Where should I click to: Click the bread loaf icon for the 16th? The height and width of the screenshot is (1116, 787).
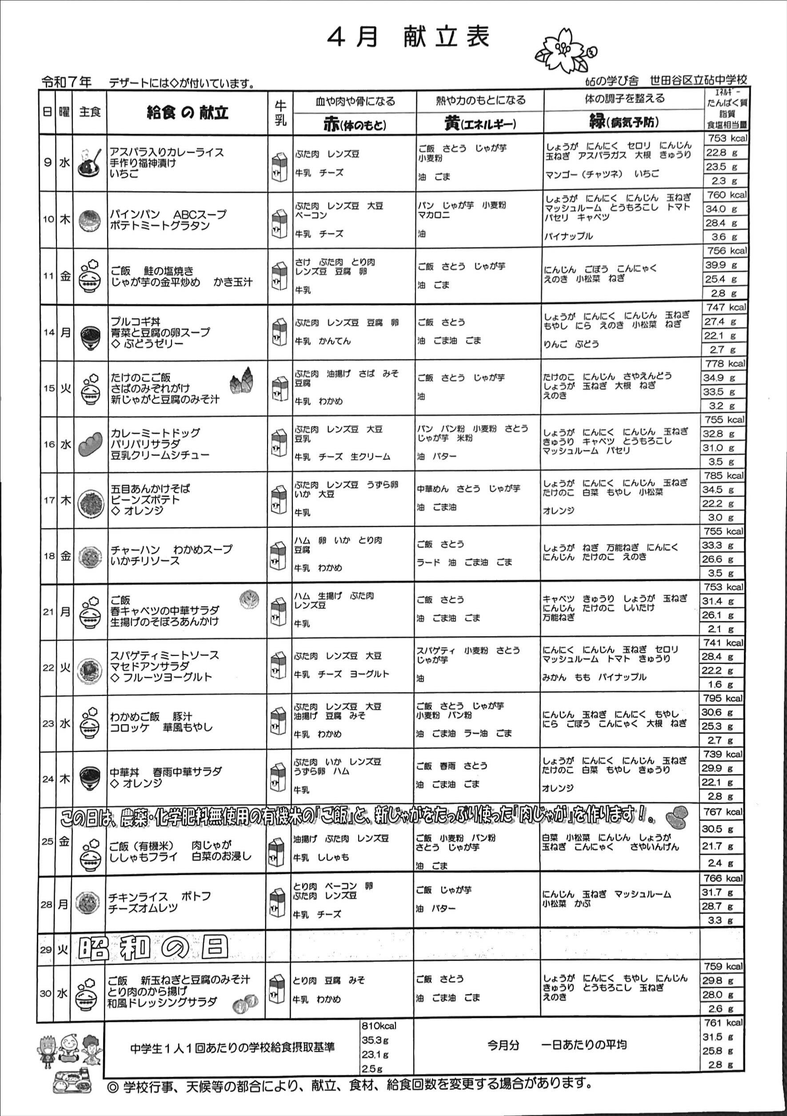click(90, 444)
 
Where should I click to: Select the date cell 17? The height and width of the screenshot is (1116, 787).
click(48, 500)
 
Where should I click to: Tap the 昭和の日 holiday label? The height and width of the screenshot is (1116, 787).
click(153, 947)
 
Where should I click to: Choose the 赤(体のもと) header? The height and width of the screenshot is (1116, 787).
click(355, 125)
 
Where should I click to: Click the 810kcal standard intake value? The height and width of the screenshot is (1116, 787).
click(379, 1026)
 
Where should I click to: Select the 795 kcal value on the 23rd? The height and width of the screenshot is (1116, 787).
click(724, 698)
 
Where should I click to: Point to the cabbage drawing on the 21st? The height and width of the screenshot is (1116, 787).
click(249, 599)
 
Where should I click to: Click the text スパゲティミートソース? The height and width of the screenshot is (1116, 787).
click(165, 655)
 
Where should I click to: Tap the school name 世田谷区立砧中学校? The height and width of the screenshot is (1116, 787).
click(699, 80)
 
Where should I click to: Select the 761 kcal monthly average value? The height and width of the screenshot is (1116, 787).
click(724, 1023)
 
